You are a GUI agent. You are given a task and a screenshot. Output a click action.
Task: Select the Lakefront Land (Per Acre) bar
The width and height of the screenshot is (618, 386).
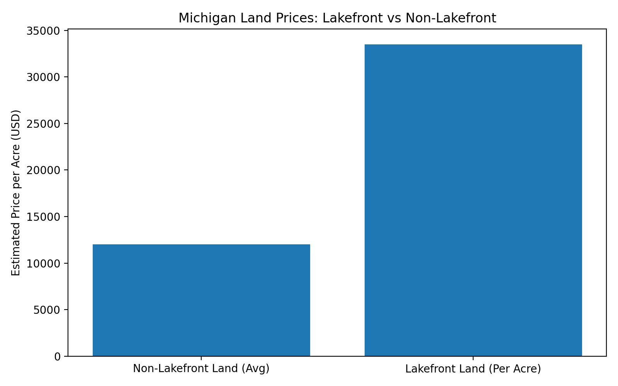473,200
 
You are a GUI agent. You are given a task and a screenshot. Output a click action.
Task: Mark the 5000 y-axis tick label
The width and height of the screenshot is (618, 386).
46,310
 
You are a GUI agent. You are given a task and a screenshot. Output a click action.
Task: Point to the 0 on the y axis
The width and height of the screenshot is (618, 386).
58,357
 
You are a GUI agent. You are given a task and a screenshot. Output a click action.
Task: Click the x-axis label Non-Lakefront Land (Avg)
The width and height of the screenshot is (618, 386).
201,369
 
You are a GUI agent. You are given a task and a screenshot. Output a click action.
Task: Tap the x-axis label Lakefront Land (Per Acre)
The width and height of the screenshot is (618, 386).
473,369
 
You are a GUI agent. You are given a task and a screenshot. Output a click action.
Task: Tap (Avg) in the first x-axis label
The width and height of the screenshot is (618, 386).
255,369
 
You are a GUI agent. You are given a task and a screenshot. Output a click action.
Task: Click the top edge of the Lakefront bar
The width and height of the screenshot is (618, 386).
473,45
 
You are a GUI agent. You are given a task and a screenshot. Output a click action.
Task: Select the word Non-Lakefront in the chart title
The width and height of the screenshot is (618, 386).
450,18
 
